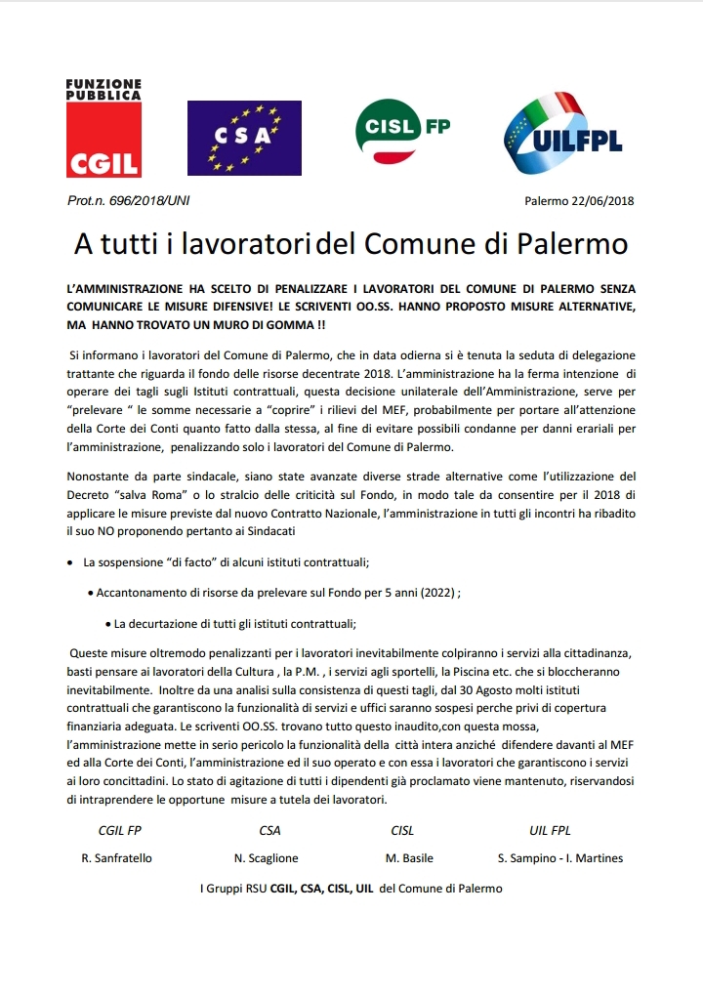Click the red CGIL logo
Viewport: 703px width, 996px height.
pyautogui.click(x=103, y=129)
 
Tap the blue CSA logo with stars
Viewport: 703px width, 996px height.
pyautogui.click(x=230, y=138)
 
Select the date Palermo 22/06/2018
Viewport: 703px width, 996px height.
pyautogui.click(x=579, y=201)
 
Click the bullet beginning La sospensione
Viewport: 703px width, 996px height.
pyautogui.click(x=225, y=563)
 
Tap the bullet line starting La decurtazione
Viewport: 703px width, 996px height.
pyautogui.click(x=234, y=623)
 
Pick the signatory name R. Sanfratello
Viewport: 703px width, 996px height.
pyautogui.click(x=116, y=858)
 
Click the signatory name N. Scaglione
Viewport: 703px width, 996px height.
pyautogui.click(x=267, y=858)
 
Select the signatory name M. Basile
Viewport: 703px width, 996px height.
pyautogui.click(x=409, y=858)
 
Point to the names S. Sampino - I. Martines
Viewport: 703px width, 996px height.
pyautogui.click(x=559, y=858)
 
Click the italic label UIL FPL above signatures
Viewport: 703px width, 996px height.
pyautogui.click(x=550, y=831)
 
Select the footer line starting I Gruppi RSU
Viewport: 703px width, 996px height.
pyautogui.click(x=351, y=889)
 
